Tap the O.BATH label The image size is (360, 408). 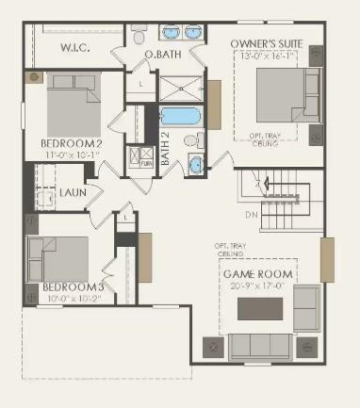[x=163, y=55]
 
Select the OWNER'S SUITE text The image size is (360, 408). [x=272, y=43]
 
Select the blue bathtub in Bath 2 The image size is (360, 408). [x=179, y=120]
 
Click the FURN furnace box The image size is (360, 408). [x=146, y=157]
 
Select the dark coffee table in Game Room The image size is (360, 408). [x=259, y=309]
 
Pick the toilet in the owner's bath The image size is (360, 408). [x=139, y=38]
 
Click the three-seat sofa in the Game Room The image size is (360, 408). [x=259, y=346]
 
